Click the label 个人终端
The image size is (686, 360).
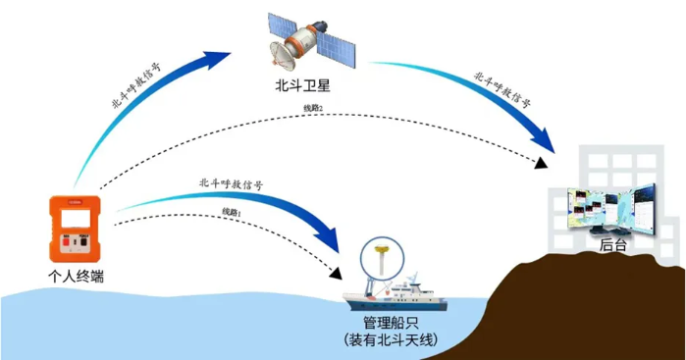click(x=76, y=278)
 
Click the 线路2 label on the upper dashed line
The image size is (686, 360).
click(x=313, y=107)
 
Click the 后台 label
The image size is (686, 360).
click(x=612, y=245)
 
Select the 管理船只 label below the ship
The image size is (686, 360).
click(x=391, y=321)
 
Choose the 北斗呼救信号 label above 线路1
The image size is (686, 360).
click(x=231, y=181)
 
